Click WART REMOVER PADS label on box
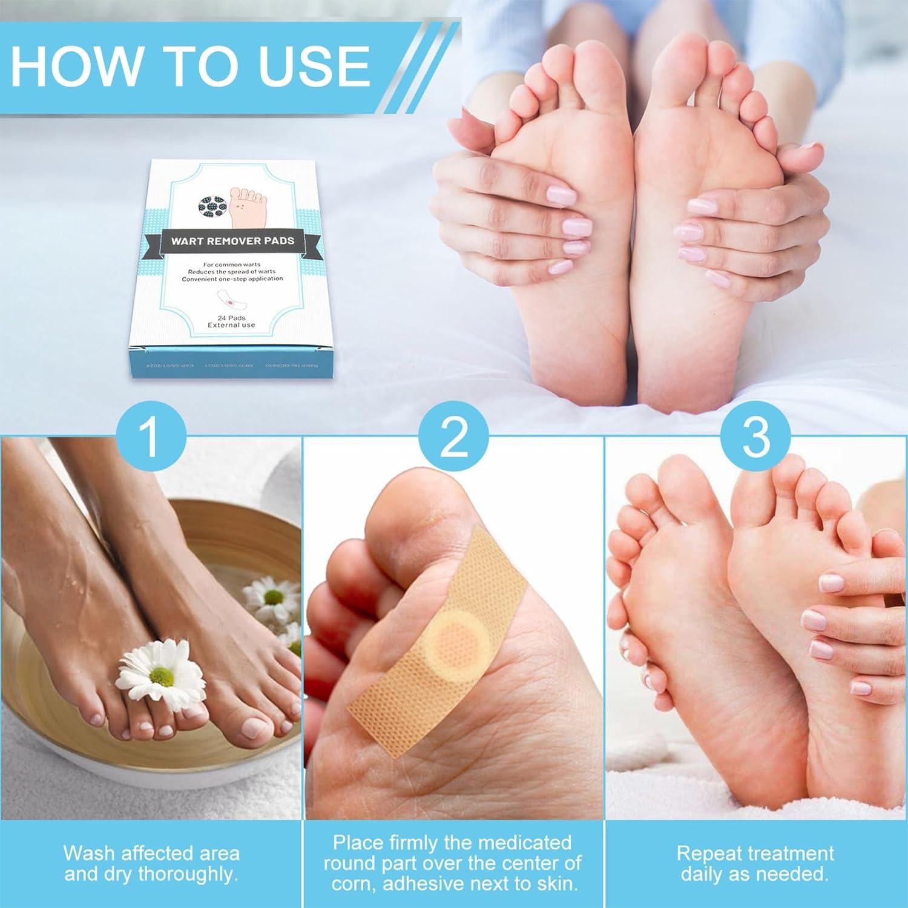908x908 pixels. pyautogui.click(x=232, y=240)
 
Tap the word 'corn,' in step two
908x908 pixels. pyautogui.click(x=357, y=884)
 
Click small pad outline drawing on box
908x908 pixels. pyautogui.click(x=231, y=298)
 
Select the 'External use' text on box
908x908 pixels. pyautogui.click(x=231, y=325)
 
